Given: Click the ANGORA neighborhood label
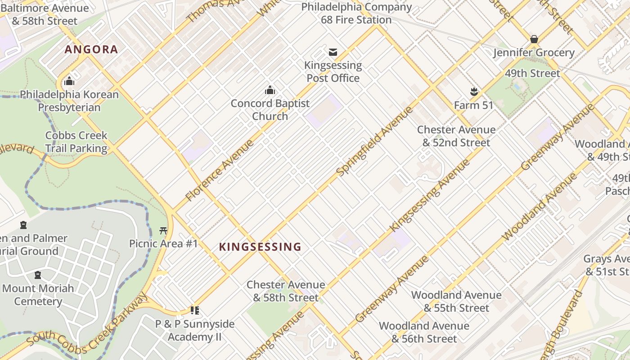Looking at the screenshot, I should pos(91,49).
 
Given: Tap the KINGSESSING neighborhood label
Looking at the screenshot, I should pos(260,247).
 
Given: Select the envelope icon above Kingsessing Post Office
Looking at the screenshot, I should pos(333,52).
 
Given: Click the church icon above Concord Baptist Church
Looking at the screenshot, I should pos(270,90).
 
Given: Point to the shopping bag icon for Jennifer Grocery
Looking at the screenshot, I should pos(534,40).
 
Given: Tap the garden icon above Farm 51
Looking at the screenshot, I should pos(473,92).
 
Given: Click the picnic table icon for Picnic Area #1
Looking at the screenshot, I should pos(163,231).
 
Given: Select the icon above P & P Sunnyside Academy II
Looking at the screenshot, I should pos(195,310).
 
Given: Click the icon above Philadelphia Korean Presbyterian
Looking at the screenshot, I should pos(69,81).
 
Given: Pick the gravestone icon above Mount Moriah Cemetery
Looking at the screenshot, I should pos(38,275).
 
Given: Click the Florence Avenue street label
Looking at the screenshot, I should pos(220,171).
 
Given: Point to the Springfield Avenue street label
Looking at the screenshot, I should pos(374,141).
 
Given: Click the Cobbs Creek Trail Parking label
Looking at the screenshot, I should pos(76,142).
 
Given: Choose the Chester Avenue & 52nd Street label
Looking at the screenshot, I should pos(456,136).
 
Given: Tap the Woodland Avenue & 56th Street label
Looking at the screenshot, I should pos(424,332).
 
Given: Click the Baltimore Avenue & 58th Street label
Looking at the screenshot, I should pos(45,14).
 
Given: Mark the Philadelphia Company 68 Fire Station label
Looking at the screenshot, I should pos(356,13).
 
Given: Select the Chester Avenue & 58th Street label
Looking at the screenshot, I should pos(286,291).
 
